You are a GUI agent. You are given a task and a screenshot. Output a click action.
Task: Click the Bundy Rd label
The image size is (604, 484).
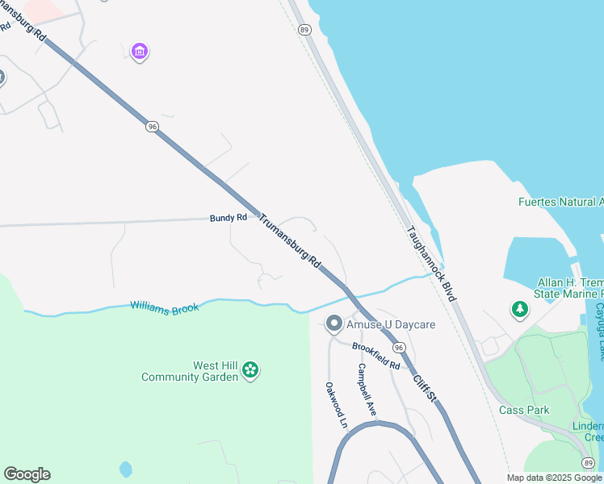click(228, 218)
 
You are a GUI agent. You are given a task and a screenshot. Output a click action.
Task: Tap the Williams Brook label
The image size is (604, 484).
click(165, 307)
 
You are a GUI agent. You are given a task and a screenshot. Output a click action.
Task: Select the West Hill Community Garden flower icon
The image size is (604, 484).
click(251, 370)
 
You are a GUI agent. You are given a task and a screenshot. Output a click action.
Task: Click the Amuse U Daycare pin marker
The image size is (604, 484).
click(333, 324)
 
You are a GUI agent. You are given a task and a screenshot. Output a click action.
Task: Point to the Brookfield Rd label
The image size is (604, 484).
click(376, 355)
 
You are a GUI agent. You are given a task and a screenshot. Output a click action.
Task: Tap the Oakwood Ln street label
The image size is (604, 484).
click(336, 404)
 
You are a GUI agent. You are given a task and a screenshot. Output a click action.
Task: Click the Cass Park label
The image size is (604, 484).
click(524, 410)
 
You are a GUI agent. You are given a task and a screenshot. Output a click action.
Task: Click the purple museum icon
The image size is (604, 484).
click(140, 52)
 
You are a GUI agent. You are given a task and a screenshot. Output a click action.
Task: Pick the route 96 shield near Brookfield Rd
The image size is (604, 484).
click(398, 347)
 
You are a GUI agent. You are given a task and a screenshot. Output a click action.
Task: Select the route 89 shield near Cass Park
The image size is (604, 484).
click(588, 461)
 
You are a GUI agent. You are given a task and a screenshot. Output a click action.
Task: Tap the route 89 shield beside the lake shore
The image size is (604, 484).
click(304, 30)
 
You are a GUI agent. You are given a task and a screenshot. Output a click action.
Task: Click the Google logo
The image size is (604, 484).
click(27, 474)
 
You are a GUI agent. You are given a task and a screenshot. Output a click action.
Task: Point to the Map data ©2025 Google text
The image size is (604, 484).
click(554, 478)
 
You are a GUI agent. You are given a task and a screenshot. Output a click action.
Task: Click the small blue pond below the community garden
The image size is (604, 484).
click(125, 469)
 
